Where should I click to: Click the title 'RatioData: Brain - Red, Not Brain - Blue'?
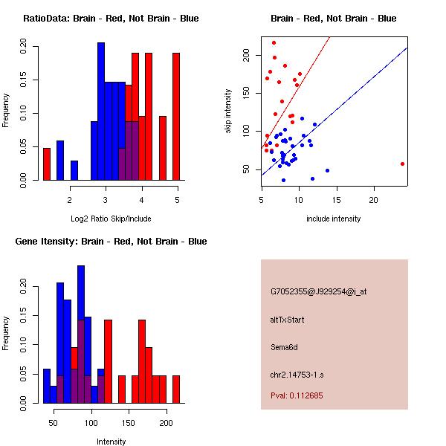pyautogui.click(x=111, y=19)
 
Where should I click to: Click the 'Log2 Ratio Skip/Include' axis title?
pyautogui.click(x=111, y=218)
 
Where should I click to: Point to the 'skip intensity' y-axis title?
pyautogui.click(x=229, y=111)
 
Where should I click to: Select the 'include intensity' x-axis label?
pyautogui.click(x=334, y=219)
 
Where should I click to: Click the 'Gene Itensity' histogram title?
pyautogui.click(x=111, y=242)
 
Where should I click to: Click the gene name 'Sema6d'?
pyautogui.click(x=283, y=347)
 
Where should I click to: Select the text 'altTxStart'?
pyautogui.click(x=287, y=320)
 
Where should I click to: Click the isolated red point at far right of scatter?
pyautogui.click(x=402, y=164)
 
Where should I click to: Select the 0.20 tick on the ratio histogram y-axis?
pyautogui.click(x=24, y=47)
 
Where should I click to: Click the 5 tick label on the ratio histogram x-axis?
pyautogui.click(x=177, y=199)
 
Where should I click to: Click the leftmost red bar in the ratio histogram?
pyautogui.click(x=47, y=164)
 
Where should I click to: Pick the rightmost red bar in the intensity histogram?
pyautogui.click(x=176, y=389)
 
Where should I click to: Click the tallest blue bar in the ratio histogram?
pyautogui.click(x=101, y=111)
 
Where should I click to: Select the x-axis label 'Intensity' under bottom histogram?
pyautogui.click(x=111, y=442)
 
